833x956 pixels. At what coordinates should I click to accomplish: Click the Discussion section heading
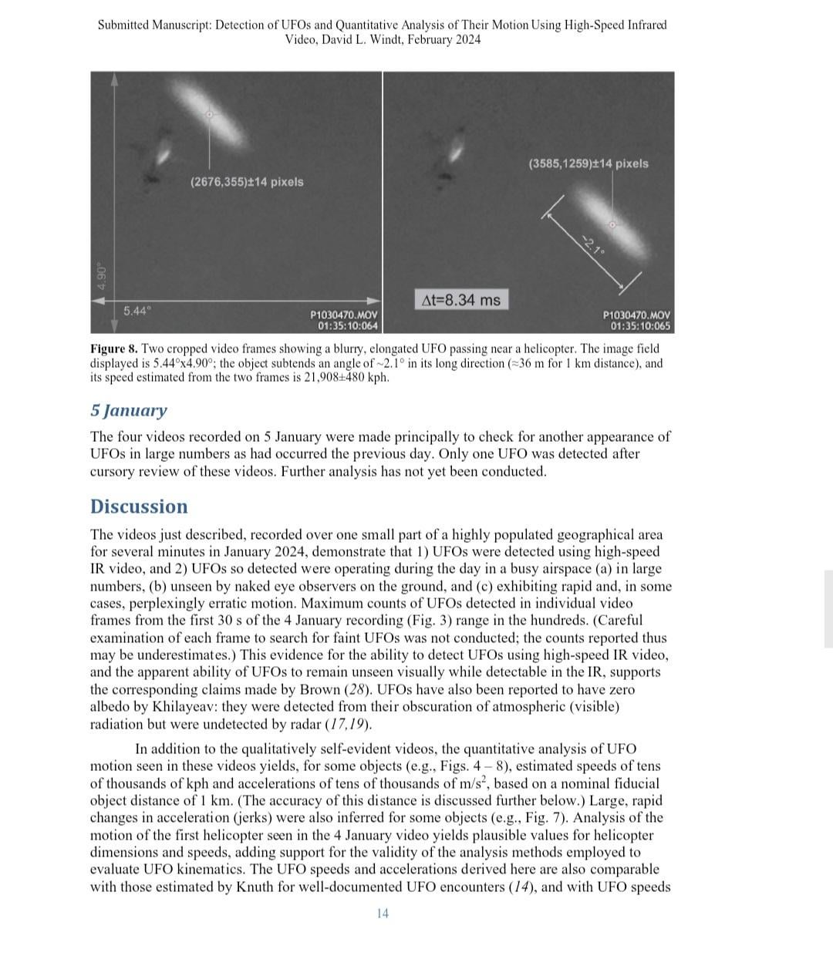[139, 507]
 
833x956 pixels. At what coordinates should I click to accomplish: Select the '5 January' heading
[128, 410]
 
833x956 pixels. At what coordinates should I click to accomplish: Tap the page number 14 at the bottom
[383, 914]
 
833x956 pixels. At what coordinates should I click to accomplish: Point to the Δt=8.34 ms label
[460, 300]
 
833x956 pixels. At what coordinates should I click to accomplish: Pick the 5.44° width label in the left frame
[137, 311]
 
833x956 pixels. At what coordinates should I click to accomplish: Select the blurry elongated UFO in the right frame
[615, 226]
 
